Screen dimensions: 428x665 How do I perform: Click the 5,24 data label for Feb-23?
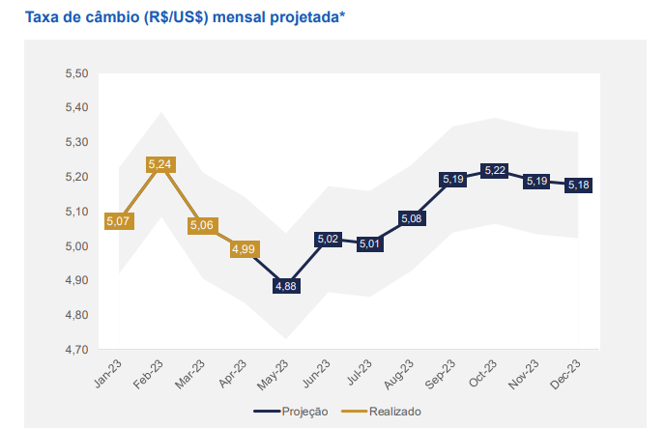pyautogui.click(x=160, y=164)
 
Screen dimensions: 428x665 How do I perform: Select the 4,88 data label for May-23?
pyautogui.click(x=286, y=286)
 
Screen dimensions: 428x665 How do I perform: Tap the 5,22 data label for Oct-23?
pyautogui.click(x=495, y=171)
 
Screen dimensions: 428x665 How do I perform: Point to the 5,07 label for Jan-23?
pyautogui.click(x=119, y=221)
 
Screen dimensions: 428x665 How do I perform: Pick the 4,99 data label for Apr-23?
pyautogui.click(x=244, y=249)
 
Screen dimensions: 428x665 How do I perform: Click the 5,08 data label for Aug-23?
pyautogui.click(x=411, y=218)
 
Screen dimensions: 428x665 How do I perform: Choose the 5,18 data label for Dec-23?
pyautogui.click(x=579, y=185)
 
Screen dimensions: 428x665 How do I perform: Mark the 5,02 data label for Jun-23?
pyautogui.click(x=328, y=239)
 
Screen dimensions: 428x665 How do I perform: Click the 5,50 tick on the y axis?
pyautogui.click(x=75, y=73)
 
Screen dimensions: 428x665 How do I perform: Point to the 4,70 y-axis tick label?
pyautogui.click(x=75, y=350)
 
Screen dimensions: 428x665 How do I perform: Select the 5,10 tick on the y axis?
pyautogui.click(x=75, y=212)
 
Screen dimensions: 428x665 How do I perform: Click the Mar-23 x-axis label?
pyautogui.click(x=192, y=375)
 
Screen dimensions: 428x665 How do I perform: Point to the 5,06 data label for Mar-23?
pyautogui.click(x=203, y=225)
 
